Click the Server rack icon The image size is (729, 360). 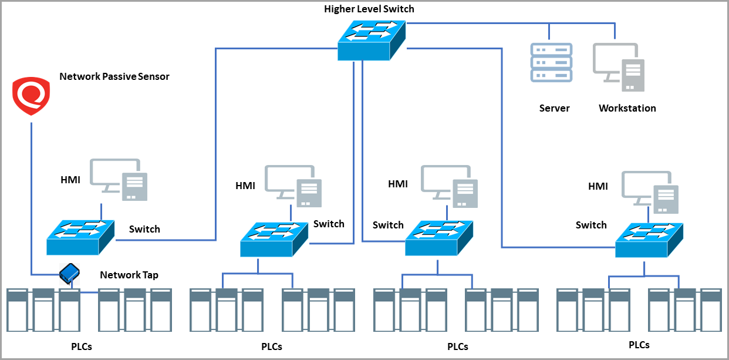[551, 62]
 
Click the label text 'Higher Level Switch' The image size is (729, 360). [369, 9]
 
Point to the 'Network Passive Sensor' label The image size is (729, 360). [114, 76]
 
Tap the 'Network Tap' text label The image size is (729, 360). [129, 275]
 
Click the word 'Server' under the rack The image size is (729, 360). [554, 108]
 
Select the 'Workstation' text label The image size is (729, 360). [627, 108]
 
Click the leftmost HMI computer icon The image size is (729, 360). [119, 179]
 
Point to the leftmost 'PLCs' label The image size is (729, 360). [80, 346]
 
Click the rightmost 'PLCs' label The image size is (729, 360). [639, 345]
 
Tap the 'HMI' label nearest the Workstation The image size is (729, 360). [598, 187]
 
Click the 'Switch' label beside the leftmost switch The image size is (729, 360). [144, 229]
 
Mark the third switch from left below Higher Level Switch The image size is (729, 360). [439, 238]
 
